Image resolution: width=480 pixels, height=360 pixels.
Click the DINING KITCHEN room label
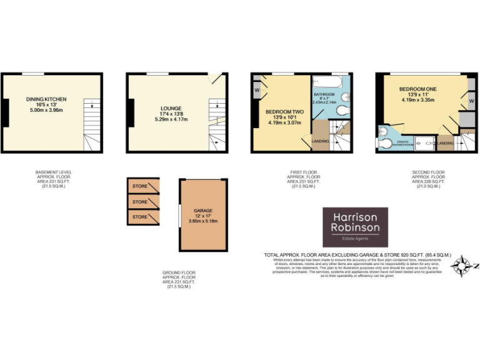click(x=46, y=99)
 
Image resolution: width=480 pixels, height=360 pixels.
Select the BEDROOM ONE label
click(x=418, y=89)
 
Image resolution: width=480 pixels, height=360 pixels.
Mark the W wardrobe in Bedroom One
click(x=471, y=100)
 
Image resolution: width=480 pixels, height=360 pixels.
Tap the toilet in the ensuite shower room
click(x=384, y=143)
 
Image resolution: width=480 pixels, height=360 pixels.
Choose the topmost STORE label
click(x=140, y=186)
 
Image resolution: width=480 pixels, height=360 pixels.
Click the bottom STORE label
click(x=140, y=217)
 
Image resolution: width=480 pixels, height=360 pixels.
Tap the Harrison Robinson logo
click(x=355, y=227)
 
